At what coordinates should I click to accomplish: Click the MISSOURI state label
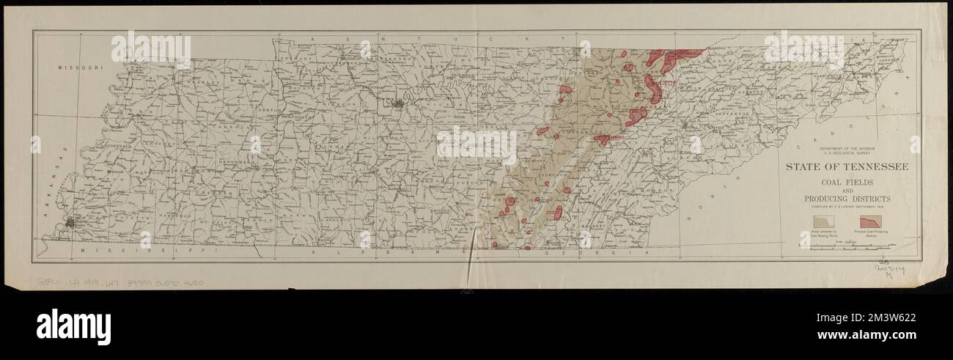click(80, 67)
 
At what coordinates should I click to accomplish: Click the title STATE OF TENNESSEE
click(847, 167)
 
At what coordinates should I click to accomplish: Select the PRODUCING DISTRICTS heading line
click(847, 199)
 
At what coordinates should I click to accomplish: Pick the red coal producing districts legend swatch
click(870, 220)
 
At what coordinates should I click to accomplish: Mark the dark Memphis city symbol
click(71, 221)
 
